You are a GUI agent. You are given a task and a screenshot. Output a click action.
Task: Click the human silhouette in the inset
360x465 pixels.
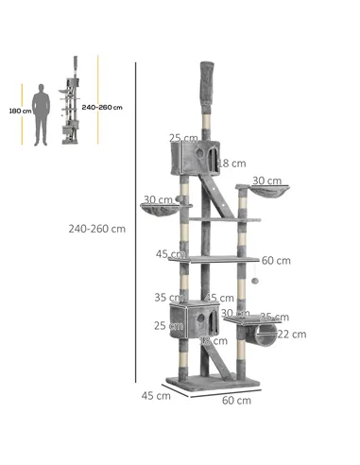(x=41, y=113)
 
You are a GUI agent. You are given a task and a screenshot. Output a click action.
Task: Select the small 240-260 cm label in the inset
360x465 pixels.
(x=102, y=108)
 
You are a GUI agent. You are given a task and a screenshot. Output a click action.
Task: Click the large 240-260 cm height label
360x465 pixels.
(x=97, y=228)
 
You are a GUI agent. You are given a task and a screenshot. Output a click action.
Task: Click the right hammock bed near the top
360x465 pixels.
(x=267, y=197)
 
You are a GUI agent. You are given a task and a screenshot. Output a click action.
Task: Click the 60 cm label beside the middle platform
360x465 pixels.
(x=276, y=261)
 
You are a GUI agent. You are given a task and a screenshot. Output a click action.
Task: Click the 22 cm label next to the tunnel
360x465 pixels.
(x=292, y=334)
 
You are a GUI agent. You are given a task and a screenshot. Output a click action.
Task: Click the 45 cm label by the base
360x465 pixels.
(x=155, y=395)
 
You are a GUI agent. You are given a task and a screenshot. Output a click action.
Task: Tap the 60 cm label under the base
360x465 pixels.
(x=236, y=400)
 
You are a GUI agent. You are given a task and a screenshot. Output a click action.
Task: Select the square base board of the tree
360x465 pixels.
(x=213, y=384)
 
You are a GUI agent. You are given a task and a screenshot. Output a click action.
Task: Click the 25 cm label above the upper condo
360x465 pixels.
(x=182, y=138)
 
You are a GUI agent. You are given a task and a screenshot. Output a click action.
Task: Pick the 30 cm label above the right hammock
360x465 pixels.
(x=266, y=181)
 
